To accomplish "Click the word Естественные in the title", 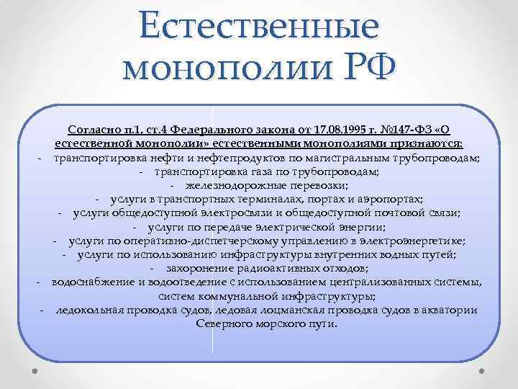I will pos(259,26).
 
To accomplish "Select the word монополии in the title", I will pos(216,71).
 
